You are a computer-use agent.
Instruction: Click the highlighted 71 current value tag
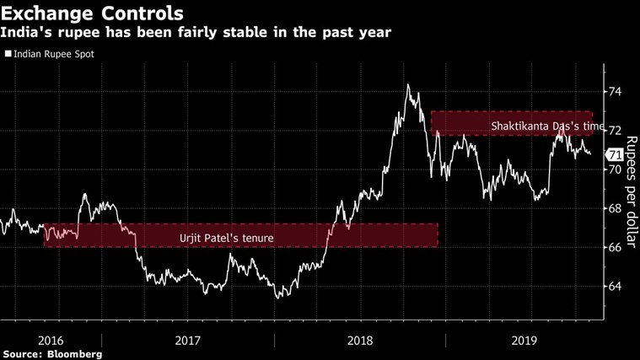(615, 154)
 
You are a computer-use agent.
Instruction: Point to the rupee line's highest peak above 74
(408, 84)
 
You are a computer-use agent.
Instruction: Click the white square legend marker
(8, 54)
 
